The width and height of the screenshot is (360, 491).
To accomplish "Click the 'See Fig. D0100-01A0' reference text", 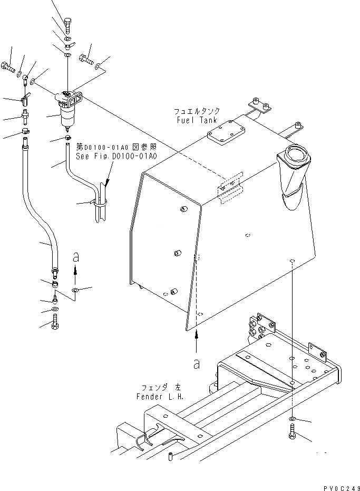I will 116,156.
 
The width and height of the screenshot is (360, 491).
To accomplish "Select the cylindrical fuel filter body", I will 69,117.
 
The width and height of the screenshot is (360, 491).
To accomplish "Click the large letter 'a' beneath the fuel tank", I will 197,363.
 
